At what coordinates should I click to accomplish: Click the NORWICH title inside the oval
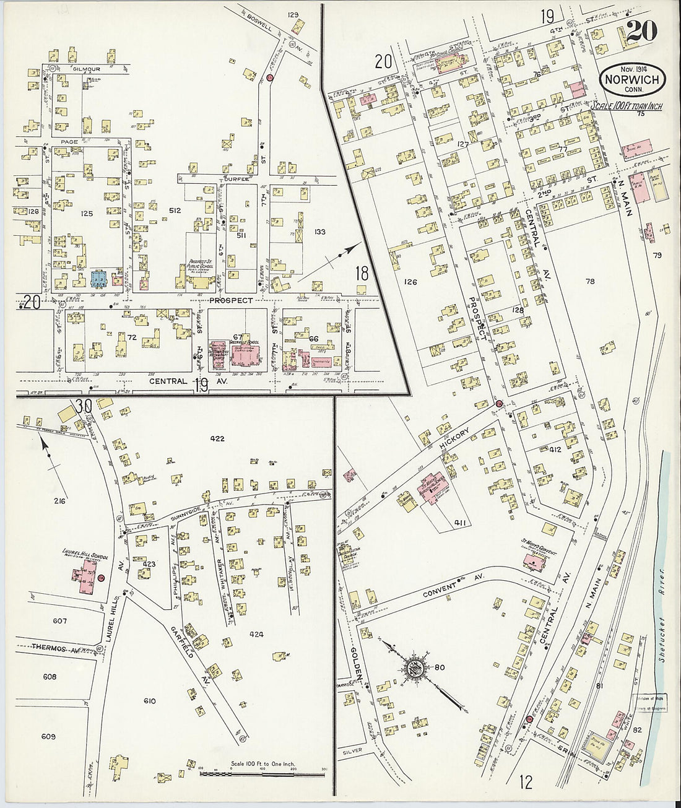(x=632, y=79)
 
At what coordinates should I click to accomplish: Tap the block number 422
(x=217, y=439)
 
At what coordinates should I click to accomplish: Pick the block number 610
(x=149, y=701)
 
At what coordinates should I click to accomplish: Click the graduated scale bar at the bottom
(x=264, y=769)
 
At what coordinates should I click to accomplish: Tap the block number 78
(x=589, y=281)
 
